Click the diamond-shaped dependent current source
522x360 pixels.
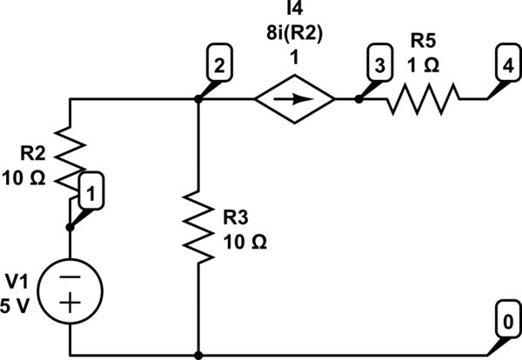(295, 99)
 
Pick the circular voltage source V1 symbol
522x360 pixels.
(71, 287)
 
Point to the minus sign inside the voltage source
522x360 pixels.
(71, 273)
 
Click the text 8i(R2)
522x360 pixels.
(295, 36)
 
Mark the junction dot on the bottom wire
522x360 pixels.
(199, 355)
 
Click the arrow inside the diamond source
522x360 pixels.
(295, 99)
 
